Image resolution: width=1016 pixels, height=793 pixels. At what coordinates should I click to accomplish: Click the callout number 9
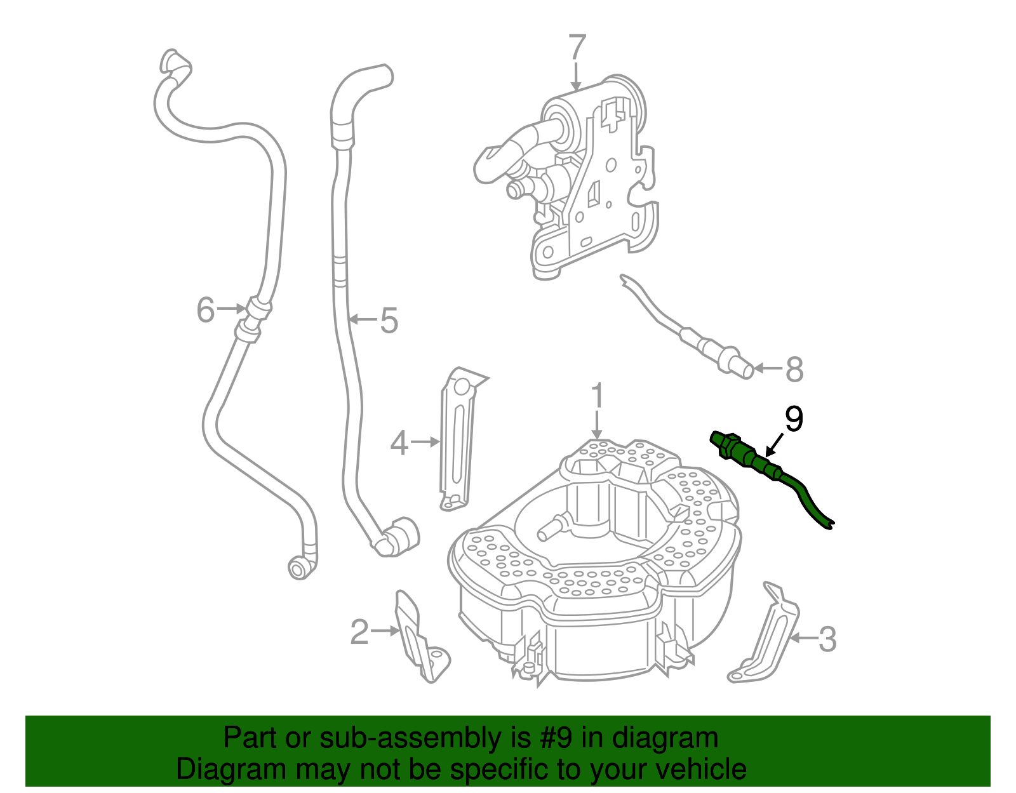794,419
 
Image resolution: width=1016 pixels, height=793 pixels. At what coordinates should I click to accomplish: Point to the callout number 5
389,320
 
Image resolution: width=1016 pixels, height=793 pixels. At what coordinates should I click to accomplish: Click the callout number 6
206,310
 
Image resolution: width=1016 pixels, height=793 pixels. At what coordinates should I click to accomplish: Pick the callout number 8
794,370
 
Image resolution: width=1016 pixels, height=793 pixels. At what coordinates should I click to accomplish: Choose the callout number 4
399,443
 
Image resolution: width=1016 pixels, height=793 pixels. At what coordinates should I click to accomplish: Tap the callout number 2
359,632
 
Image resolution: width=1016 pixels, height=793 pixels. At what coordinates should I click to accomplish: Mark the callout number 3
827,639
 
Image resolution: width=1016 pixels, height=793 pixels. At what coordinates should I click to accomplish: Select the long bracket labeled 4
457,438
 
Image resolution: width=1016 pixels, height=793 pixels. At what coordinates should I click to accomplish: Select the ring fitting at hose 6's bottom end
297,568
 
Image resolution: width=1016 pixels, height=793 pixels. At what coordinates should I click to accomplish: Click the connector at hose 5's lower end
397,537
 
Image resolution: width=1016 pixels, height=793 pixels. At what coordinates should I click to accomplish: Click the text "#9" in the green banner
556,738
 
